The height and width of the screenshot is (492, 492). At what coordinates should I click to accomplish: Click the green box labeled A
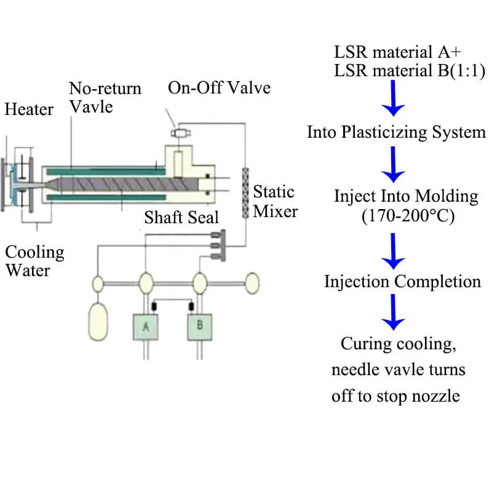pos(146,327)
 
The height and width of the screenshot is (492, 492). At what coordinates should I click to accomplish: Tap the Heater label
pos(29,109)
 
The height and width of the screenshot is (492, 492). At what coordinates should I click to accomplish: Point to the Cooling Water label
pos(34,261)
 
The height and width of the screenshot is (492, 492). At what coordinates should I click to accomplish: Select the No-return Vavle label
pos(105,97)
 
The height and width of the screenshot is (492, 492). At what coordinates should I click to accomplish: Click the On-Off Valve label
pos(219,87)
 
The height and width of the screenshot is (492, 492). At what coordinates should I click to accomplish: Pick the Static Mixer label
pos(275,202)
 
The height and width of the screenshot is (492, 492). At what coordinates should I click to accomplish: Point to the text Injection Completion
pos(403,282)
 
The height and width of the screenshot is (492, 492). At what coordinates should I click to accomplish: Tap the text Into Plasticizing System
pos(396,132)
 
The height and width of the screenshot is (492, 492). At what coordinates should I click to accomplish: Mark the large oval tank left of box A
pos(98,320)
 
